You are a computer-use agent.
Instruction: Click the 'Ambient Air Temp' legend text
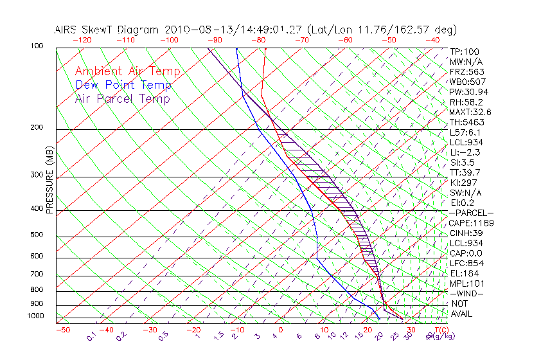click(127, 71)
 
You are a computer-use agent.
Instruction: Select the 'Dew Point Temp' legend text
click(123, 85)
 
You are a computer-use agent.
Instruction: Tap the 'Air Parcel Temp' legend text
click(122, 98)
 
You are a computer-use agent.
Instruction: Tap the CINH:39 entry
click(467, 233)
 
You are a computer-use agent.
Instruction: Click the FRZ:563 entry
click(467, 71)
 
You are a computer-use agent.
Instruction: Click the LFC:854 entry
click(467, 263)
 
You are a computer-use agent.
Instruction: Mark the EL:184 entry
click(465, 273)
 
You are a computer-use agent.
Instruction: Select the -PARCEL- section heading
click(472, 213)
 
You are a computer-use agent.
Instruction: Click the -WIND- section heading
click(467, 293)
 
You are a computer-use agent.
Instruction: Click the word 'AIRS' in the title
click(67, 30)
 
